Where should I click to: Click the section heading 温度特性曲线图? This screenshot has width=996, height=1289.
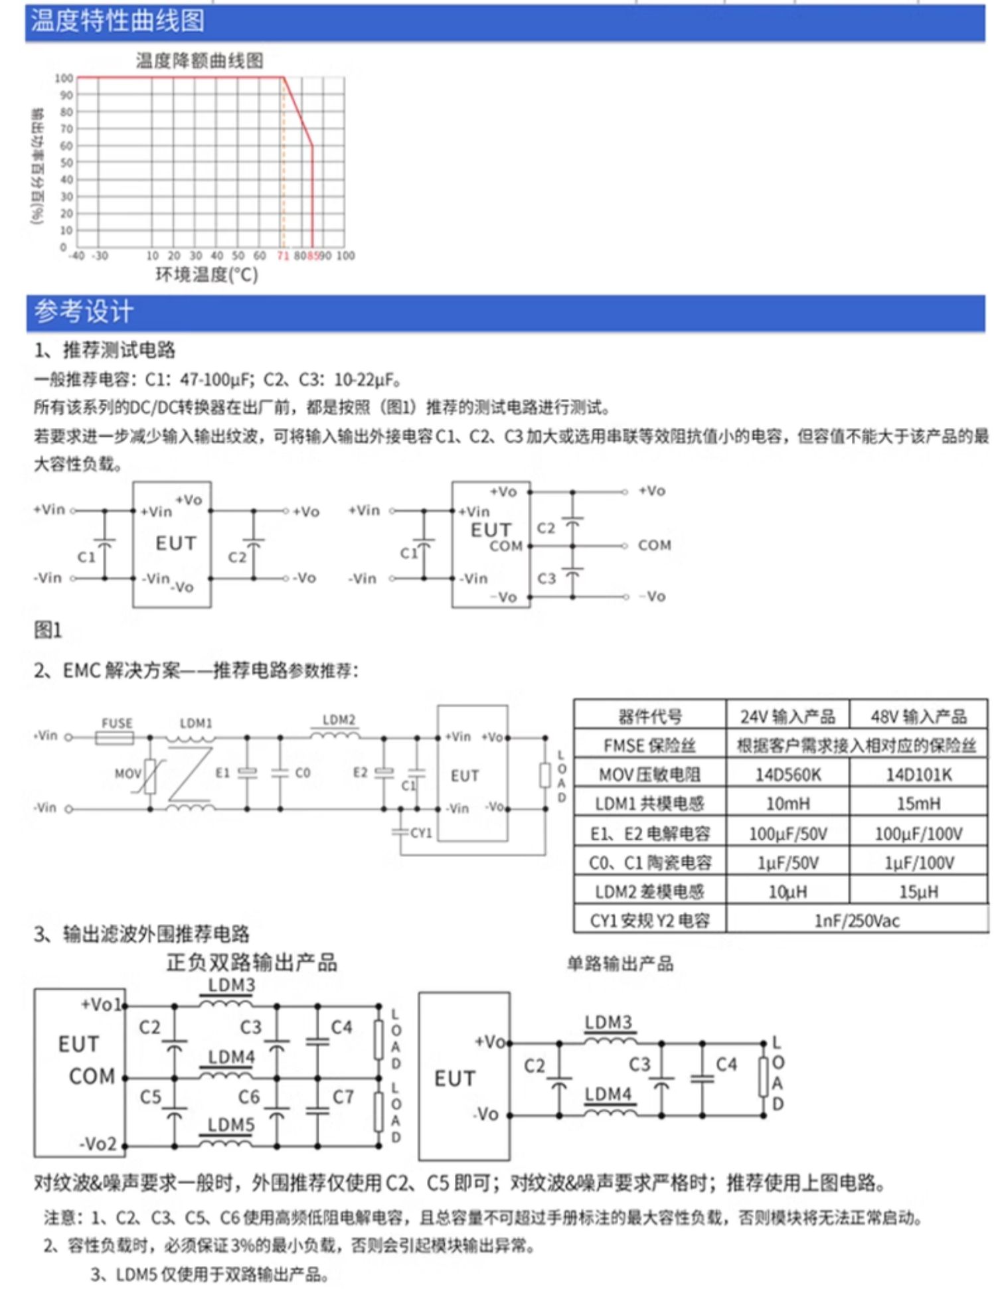tap(118, 21)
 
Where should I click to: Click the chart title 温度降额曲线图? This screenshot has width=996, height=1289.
tap(200, 61)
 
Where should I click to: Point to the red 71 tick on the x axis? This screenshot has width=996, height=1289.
tap(283, 256)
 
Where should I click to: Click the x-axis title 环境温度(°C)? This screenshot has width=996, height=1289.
tap(207, 275)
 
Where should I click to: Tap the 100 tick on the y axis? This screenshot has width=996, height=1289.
tap(64, 78)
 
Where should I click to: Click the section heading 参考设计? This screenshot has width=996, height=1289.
tap(84, 311)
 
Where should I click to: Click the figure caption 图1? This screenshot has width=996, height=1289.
tap(48, 630)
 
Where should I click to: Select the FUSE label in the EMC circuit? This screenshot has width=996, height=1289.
tap(117, 723)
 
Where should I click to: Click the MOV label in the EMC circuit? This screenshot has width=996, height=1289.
tap(127, 773)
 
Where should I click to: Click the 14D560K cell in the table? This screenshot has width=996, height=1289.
tap(788, 775)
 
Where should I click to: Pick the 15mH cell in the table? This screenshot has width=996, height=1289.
tap(918, 804)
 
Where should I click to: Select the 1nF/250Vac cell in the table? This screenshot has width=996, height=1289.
tap(857, 921)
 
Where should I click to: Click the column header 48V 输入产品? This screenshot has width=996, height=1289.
tap(918, 716)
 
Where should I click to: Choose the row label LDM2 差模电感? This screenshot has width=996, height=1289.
tap(649, 891)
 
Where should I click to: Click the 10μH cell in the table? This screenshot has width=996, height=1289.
tap(788, 891)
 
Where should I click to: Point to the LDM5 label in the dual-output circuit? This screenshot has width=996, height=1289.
tap(231, 1124)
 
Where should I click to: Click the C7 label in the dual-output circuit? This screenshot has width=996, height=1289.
tap(343, 1097)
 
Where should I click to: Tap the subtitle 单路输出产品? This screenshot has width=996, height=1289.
tap(620, 963)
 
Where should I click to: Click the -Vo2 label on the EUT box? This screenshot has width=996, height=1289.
tap(98, 1144)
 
